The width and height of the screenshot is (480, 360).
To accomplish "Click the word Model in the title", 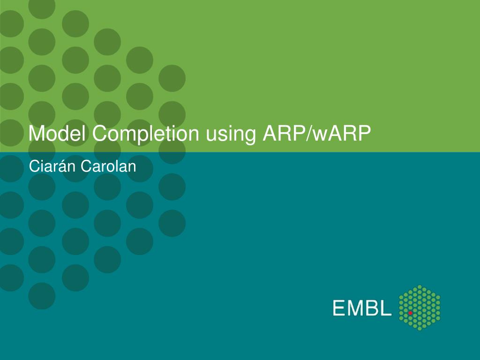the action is [57, 133].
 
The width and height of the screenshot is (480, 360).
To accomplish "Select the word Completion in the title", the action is [146, 135].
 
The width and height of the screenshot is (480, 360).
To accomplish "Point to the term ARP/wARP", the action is [316, 133].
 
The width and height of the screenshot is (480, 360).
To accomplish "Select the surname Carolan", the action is [108, 166].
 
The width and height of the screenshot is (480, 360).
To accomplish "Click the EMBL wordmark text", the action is [362, 307].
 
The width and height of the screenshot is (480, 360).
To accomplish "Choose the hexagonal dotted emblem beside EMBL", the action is [420, 307].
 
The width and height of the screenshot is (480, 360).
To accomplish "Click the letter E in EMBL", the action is [339, 307].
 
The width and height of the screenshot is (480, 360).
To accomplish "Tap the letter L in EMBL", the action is [386, 307].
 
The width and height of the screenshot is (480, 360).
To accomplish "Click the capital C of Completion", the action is [100, 134].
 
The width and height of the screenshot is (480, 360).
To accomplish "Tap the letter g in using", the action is [249, 137].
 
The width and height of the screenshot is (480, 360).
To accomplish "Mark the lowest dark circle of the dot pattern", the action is [42, 296].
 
